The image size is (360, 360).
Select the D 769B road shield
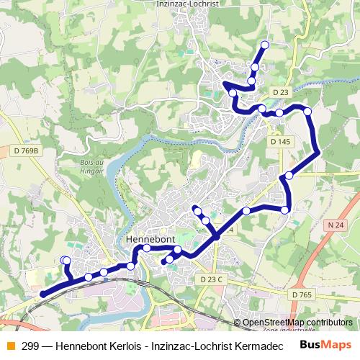click(25, 151)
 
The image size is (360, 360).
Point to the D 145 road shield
click(280, 142)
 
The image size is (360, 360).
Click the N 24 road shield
click(333, 225)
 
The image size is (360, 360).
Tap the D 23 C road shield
click(212, 279)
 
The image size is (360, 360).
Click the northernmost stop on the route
click(264, 45)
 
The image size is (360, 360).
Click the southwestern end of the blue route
click(42, 294)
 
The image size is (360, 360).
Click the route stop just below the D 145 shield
click(289, 175)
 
